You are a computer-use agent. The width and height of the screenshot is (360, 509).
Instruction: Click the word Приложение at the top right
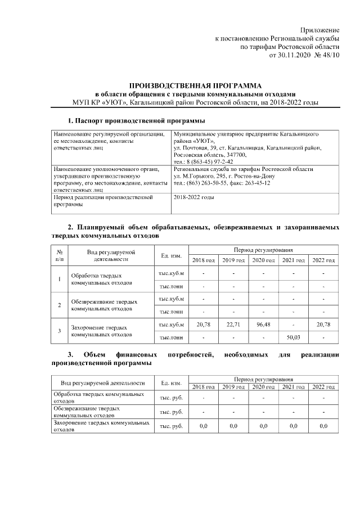pyautogui.click(x=320, y=29)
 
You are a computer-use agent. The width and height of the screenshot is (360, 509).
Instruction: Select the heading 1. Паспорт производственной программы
pyautogui.click(x=136, y=121)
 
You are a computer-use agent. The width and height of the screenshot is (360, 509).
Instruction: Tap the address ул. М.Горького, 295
pyautogui.click(x=201, y=176)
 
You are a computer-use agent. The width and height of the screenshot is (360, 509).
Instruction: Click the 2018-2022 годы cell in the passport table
pyautogui.click(x=193, y=197)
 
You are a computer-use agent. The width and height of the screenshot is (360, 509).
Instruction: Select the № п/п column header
pyautogui.click(x=60, y=256)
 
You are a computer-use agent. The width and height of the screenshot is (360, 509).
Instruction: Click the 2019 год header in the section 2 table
pyautogui.click(x=233, y=260)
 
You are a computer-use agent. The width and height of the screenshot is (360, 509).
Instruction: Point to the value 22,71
pyautogui.click(x=233, y=325)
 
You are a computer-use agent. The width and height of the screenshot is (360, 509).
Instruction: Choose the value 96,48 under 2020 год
pyautogui.click(x=263, y=325)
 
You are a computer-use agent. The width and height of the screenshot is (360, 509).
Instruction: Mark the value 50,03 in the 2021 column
pyautogui.click(x=294, y=337)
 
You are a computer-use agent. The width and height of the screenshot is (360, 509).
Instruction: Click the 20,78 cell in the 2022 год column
pyautogui.click(x=323, y=325)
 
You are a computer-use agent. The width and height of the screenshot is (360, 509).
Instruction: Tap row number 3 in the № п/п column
pyautogui.click(x=60, y=331)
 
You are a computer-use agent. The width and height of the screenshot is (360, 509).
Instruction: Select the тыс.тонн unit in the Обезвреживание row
pyautogui.click(x=172, y=312)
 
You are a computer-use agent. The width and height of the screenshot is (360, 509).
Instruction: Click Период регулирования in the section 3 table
pyautogui.click(x=263, y=380)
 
